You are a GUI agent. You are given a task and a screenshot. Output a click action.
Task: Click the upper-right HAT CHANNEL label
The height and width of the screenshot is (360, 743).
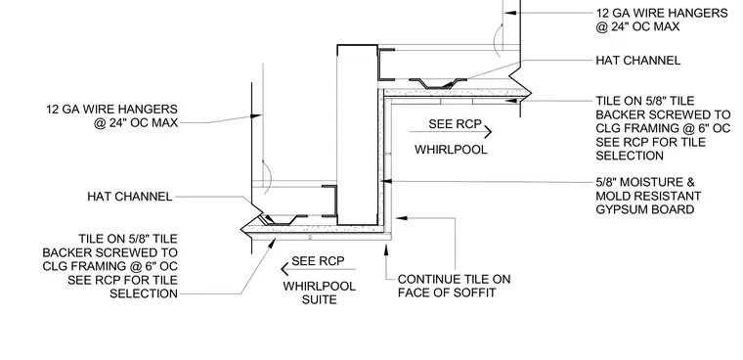[x=637, y=61]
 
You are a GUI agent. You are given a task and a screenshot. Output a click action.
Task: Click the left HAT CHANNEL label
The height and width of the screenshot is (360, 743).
[x=129, y=197]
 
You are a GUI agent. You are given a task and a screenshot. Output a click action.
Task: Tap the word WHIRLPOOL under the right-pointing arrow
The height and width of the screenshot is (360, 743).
[x=451, y=150]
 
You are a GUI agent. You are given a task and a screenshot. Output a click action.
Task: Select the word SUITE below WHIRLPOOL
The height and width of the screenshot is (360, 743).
[x=319, y=299]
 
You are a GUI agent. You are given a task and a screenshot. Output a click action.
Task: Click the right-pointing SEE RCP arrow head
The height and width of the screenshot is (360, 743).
[x=488, y=131]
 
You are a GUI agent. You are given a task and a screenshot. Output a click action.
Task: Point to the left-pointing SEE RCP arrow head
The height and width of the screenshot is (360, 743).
[x=284, y=269]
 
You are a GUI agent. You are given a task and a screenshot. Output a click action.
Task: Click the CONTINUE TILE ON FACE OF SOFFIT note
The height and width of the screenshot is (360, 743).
[x=454, y=286]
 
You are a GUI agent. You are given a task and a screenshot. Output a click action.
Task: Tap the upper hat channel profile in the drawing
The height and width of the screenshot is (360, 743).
[x=438, y=83]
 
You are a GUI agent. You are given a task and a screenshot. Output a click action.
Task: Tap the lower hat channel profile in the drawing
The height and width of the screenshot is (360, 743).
[x=283, y=220]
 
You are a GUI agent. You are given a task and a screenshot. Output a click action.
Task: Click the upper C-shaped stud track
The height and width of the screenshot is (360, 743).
[x=386, y=64]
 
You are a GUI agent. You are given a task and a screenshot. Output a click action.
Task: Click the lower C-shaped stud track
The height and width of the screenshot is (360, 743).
[x=329, y=202]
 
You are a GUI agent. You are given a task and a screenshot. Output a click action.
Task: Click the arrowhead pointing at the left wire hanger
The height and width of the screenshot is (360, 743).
[x=256, y=115]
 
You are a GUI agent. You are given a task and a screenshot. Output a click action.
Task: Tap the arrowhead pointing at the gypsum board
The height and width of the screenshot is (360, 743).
[x=386, y=181]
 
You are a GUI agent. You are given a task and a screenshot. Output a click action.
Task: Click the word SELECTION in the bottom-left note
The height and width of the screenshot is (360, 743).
[x=144, y=293]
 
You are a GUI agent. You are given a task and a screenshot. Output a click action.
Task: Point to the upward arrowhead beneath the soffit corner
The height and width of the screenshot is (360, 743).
[x=386, y=247]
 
